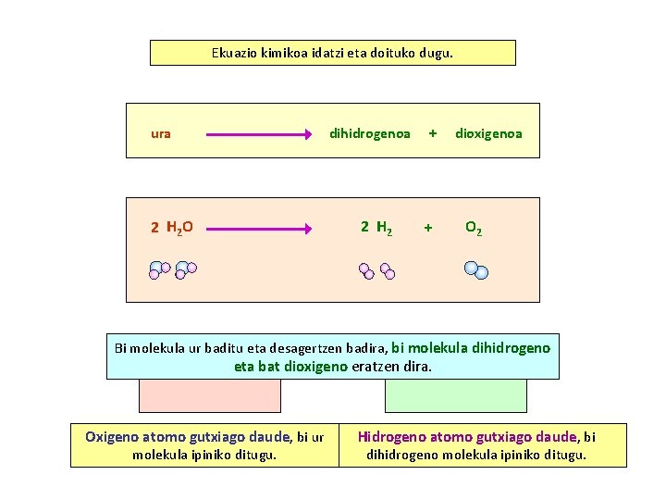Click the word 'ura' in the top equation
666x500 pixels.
tap(161, 133)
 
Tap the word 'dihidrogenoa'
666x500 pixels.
tap(370, 133)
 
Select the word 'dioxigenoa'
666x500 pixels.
tap(488, 133)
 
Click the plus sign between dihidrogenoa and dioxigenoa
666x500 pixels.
tap(432, 133)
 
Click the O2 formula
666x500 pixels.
tap(473, 227)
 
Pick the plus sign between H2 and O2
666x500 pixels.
tap(427, 227)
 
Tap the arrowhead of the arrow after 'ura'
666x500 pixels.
tap(308, 134)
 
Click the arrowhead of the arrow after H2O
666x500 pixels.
tap(308, 228)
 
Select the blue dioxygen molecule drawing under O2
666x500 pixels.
tap(476, 269)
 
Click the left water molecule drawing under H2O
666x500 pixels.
tap(159, 270)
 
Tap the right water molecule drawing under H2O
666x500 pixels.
tap(185, 270)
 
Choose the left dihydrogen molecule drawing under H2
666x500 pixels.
tap(367, 271)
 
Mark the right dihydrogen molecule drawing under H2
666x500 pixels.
tap(388, 272)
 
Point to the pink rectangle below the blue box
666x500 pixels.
tap(210, 395)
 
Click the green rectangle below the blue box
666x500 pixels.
tap(455, 395)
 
